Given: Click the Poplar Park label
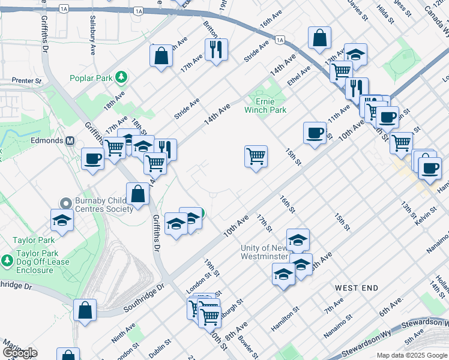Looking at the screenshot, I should tap(92, 77).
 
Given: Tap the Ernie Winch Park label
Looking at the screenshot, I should tap(265, 106).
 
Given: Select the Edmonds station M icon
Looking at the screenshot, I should tap(70, 140).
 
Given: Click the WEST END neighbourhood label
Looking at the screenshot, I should tap(357, 288).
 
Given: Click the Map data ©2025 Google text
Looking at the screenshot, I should tap(412, 355).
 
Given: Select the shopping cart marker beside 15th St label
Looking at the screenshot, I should tap(256, 157).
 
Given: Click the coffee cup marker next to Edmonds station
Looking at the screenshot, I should tap(92, 159).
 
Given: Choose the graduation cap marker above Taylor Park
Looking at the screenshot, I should tap(62, 220).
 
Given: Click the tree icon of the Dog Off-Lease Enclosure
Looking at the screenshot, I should tap(7, 262).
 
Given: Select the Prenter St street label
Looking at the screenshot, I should tap(26, 80).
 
